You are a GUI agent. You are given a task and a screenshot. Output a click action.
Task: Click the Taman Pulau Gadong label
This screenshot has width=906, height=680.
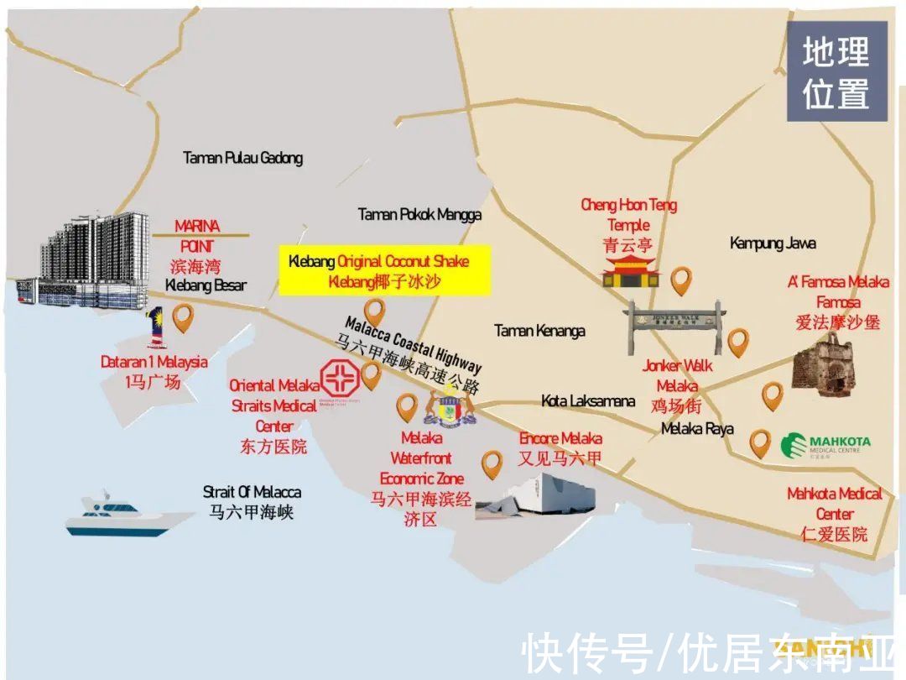(242, 158)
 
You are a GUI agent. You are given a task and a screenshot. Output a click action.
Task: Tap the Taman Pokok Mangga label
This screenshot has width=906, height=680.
(419, 215)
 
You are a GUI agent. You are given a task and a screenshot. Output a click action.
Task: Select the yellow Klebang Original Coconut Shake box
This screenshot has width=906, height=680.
(384, 271)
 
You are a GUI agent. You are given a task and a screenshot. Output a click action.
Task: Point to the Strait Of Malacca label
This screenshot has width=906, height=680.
(252, 493)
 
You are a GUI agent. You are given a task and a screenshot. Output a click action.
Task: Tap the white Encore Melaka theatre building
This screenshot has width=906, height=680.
(541, 497)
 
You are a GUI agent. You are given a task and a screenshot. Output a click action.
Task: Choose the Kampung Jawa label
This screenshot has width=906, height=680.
(773, 243)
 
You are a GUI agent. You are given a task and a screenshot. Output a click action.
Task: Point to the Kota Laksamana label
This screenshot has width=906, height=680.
(588, 401)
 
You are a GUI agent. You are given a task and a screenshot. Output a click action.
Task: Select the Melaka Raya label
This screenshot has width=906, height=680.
(697, 429)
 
